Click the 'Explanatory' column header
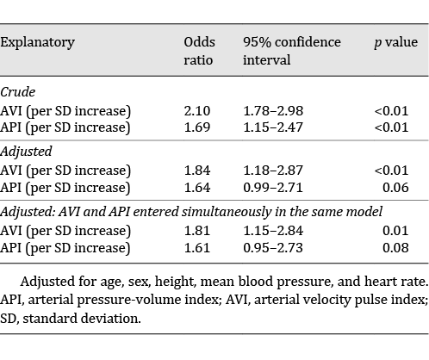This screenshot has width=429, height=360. click(x=37, y=42)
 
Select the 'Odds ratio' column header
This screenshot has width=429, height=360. click(x=199, y=51)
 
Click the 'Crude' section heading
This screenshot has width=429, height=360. click(x=18, y=91)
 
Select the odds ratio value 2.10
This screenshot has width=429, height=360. click(x=196, y=110)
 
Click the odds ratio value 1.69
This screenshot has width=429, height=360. click(x=196, y=127)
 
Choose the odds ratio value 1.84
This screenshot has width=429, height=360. click(x=196, y=171)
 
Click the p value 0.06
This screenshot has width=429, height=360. click(x=406, y=188)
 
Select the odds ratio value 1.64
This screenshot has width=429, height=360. click(x=196, y=188)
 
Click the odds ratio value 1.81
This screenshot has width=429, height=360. click(x=196, y=231)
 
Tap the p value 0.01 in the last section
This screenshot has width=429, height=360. click(x=406, y=231)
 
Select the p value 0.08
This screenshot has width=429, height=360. click(x=406, y=248)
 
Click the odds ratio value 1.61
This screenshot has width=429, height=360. click(x=196, y=248)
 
